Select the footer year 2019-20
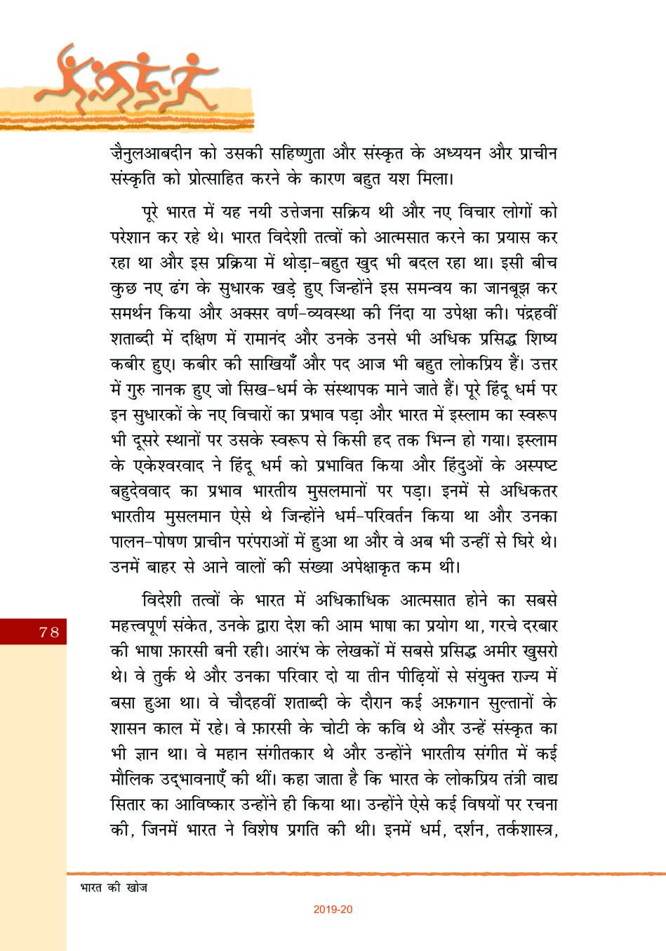tap(333, 910)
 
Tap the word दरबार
tap(531, 625)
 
